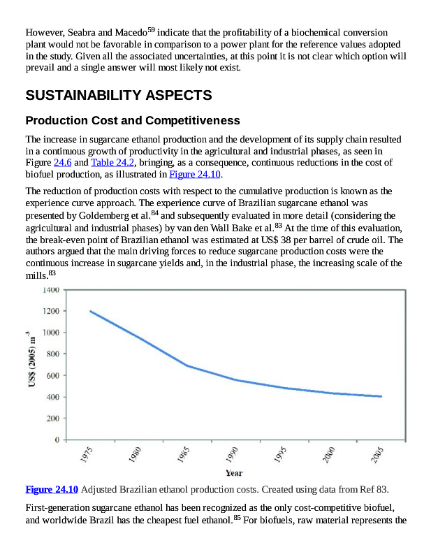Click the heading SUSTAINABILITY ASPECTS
click(118, 95)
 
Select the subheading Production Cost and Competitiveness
click(133, 120)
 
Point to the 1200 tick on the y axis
click(48, 311)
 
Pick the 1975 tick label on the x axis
click(87, 456)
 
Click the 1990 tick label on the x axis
click(233, 456)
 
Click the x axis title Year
click(234, 473)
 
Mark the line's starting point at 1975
click(90, 311)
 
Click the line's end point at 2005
click(381, 396)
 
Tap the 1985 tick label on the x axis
click(184, 456)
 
